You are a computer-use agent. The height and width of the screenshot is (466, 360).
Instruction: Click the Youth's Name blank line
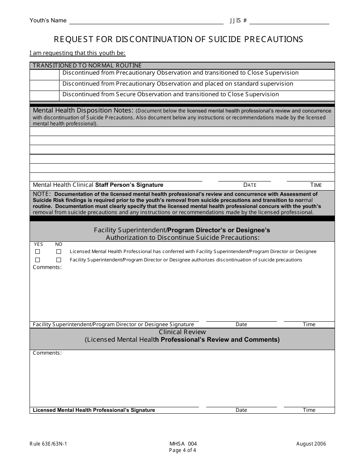click(x=146, y=22)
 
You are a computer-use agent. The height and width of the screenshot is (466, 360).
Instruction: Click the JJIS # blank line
click(x=289, y=22)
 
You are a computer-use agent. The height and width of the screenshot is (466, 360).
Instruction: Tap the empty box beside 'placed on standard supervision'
click(x=45, y=85)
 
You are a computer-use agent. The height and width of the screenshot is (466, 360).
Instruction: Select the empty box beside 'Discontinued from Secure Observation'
click(x=45, y=96)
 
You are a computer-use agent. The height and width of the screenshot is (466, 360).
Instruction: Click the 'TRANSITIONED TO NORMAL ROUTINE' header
click(x=87, y=66)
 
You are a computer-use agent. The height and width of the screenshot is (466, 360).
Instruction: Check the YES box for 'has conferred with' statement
click(x=38, y=252)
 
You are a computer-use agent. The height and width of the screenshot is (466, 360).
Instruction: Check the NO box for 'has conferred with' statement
click(x=59, y=252)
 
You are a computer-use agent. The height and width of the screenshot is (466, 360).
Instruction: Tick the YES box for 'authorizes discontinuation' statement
click(x=38, y=260)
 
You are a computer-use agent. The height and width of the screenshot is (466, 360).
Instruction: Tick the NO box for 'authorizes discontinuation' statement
click(x=59, y=260)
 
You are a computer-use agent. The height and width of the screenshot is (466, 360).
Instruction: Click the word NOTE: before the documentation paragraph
click(x=42, y=194)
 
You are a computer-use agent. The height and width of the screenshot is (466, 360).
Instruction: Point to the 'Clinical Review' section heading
click(x=182, y=332)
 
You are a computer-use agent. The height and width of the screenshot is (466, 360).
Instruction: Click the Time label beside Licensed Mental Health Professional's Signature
click(x=309, y=410)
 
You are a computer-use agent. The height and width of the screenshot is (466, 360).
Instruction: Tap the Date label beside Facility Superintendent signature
click(x=241, y=324)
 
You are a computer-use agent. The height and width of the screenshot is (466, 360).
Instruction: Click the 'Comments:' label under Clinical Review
click(x=47, y=353)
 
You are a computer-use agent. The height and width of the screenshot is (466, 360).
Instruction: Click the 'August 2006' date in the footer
click(x=311, y=444)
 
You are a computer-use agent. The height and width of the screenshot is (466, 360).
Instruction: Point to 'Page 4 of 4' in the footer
click(x=183, y=450)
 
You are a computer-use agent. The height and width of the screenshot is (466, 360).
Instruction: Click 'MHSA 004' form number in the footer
click(x=183, y=444)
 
